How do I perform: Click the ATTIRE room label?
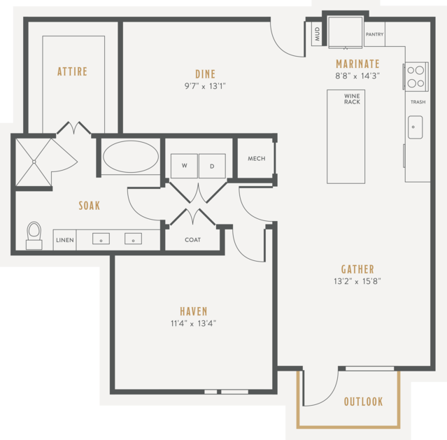pos(73,71)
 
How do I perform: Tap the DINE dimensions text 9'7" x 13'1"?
pos(205,86)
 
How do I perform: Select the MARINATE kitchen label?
pos(357,64)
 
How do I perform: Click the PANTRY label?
pos(374,34)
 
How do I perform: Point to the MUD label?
pos(318,34)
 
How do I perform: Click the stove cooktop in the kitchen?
pos(416,76)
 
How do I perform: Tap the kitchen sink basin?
pos(415,127)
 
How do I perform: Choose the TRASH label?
pos(418,102)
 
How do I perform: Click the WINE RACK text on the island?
pos(352,99)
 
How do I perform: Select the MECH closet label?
pos(257,159)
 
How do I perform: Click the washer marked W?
pos(184,166)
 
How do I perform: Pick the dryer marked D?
pos(212,166)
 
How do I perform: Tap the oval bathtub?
pos(131,157)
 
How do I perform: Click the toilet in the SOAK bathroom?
pos(34,235)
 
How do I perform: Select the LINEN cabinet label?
pos(65,240)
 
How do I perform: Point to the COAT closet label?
pos(192,240)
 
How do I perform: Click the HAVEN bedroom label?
pos(194,311)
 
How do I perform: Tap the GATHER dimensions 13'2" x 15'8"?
pos(357,281)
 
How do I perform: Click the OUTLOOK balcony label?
pos(363,402)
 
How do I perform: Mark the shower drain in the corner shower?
pos(34,162)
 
